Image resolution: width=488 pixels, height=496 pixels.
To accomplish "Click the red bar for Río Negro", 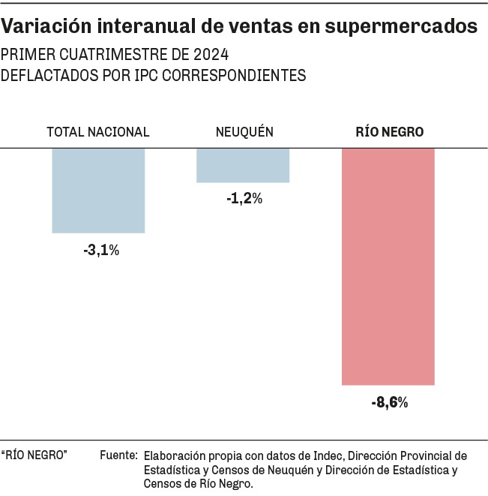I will point(388,266).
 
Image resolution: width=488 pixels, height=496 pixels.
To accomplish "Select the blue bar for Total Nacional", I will point(98,190).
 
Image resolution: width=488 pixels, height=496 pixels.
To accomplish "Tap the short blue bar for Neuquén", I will point(243,165).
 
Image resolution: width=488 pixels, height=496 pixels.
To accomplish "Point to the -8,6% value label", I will point(389,403).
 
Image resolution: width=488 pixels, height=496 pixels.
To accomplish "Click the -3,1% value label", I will point(101,251).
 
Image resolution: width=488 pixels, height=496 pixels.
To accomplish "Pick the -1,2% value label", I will point(244,199).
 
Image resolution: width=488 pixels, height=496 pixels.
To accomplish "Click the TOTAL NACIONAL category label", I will point(98,132).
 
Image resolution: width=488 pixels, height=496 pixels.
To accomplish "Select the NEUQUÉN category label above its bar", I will point(244,132).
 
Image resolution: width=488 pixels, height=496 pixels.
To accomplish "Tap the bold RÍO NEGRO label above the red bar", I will point(389,132).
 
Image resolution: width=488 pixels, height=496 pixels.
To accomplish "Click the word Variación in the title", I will point(43,27).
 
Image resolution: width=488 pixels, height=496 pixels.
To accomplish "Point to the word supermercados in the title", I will point(405,28).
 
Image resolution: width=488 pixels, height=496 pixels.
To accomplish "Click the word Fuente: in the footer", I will point(118,455).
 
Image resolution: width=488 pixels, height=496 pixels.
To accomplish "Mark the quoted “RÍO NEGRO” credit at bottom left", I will point(34,455).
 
